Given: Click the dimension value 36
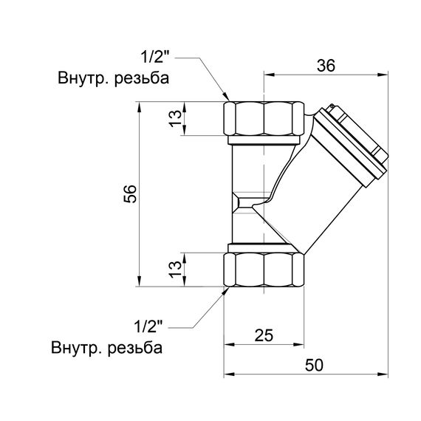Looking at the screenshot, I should click(x=326, y=65).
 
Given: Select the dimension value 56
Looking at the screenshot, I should click(x=130, y=194).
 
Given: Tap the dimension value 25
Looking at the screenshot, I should click(x=263, y=335).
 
